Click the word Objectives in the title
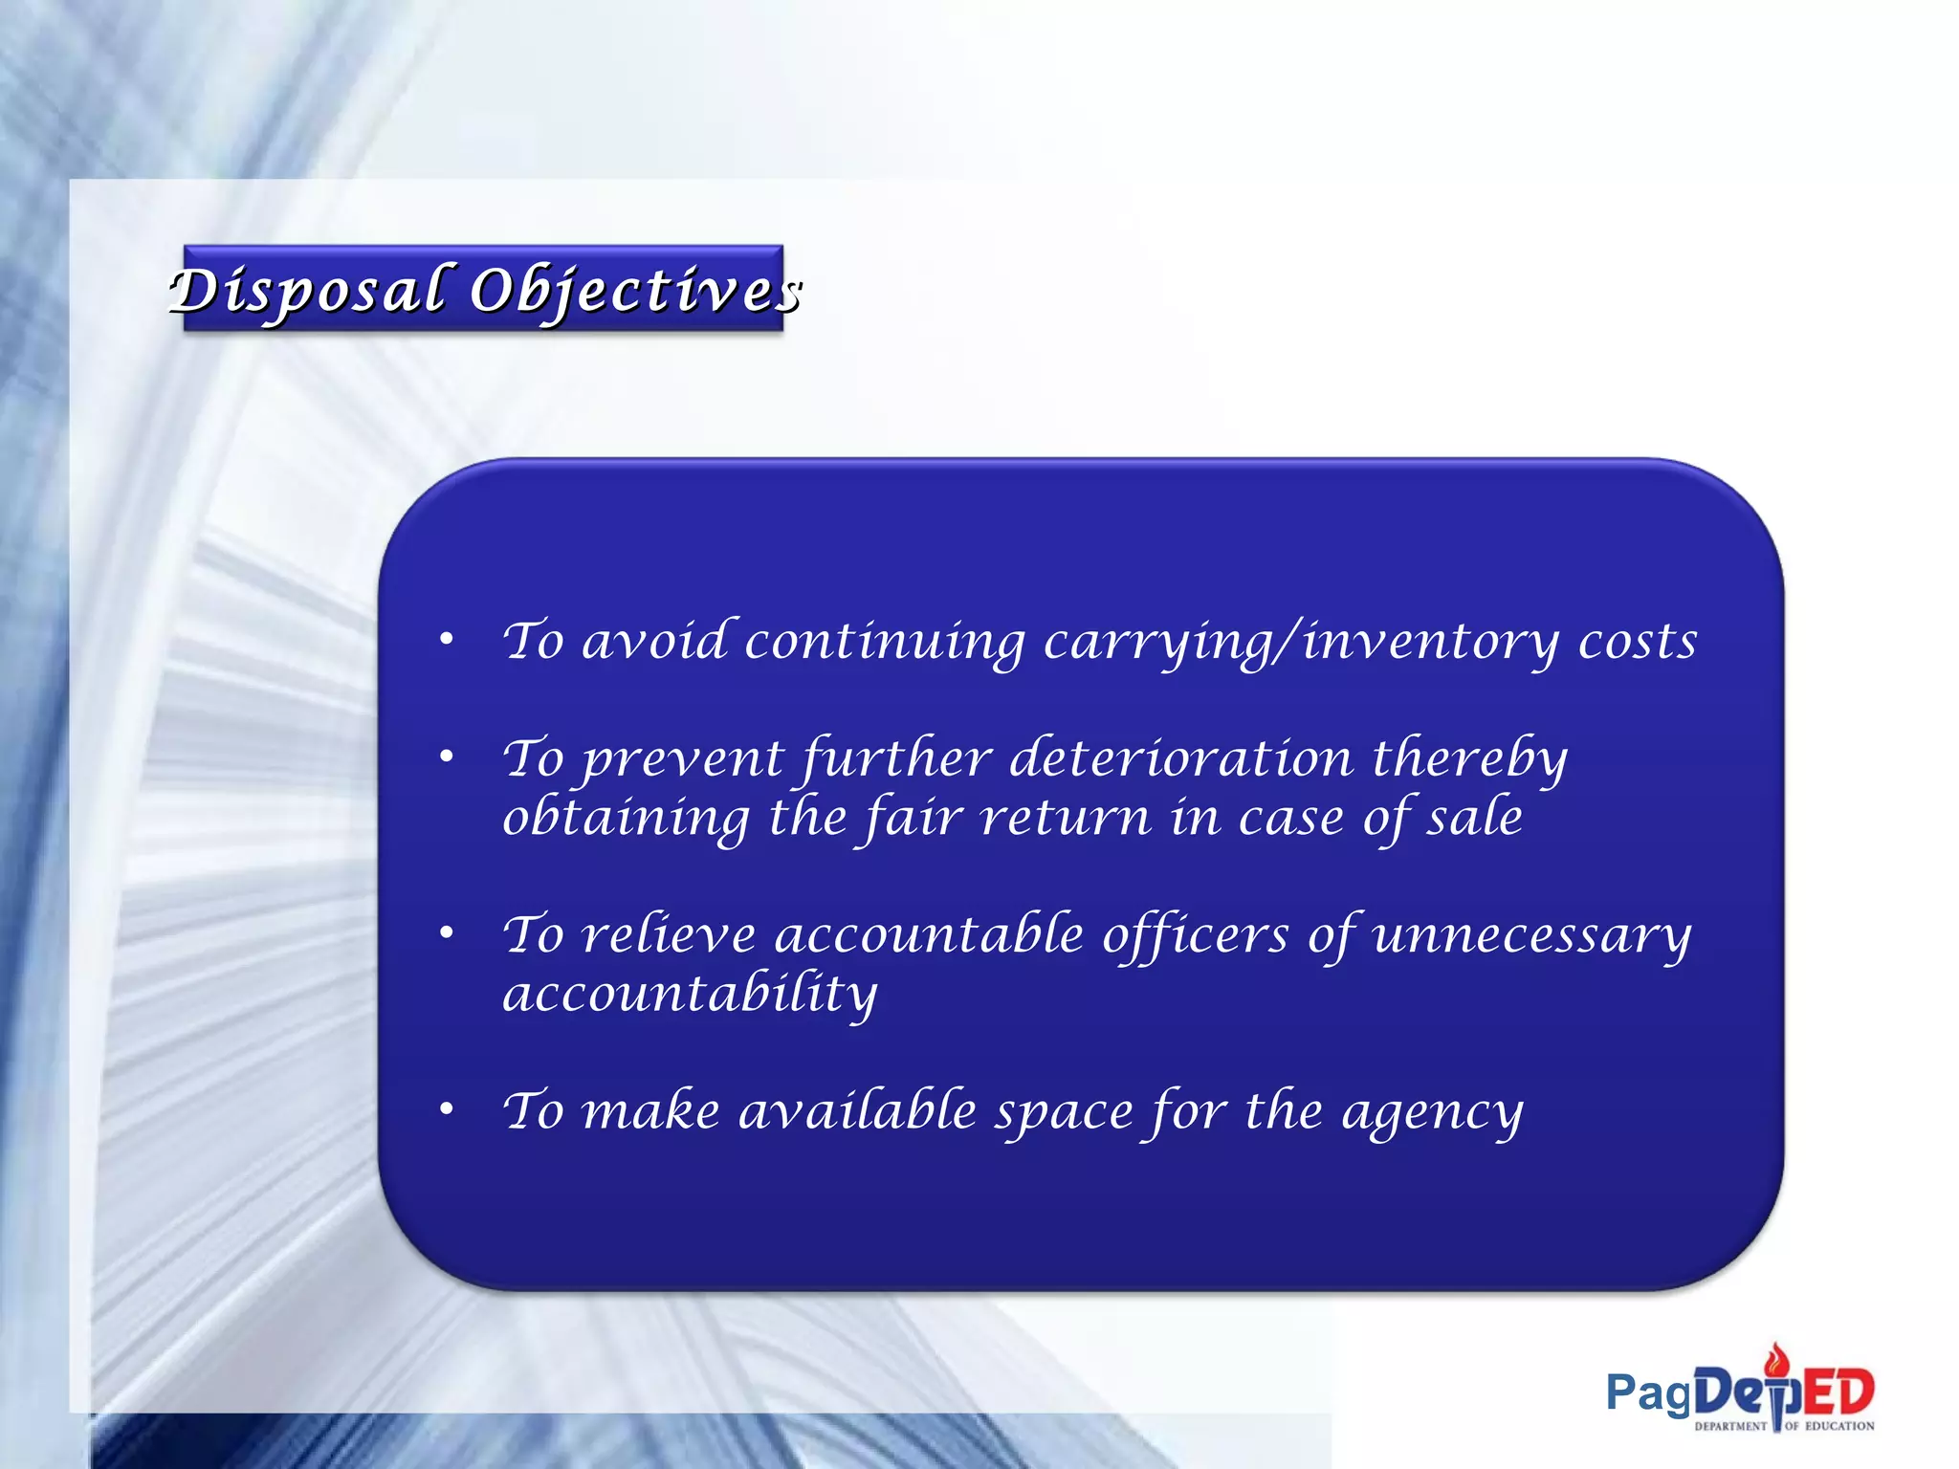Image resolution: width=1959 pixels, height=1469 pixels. (635, 291)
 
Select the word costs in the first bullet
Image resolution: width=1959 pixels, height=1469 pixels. (1637, 641)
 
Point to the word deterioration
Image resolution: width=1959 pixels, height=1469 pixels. (1180, 759)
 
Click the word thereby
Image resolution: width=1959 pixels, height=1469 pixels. (1469, 759)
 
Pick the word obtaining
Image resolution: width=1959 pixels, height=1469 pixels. (627, 819)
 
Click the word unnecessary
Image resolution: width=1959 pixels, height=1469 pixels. (1531, 936)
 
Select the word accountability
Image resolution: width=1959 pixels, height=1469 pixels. (690, 995)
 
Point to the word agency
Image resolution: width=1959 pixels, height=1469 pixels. (1432, 1112)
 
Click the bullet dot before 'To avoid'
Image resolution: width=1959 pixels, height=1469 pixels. (446, 639)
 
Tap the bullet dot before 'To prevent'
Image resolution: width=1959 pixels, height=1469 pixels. (446, 757)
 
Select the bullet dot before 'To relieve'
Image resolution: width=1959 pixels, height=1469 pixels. (446, 933)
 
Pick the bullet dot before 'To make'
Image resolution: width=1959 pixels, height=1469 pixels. (446, 1109)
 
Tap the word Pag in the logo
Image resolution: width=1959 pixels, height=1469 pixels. (1649, 1393)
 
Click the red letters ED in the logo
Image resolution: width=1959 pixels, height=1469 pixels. (1838, 1392)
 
